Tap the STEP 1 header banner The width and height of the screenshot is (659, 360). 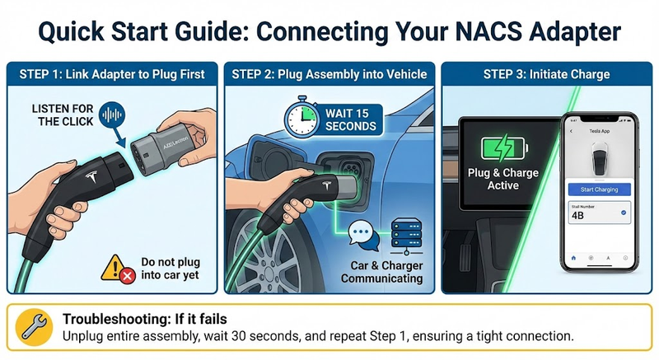111,74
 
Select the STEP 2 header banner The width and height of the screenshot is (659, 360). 329,74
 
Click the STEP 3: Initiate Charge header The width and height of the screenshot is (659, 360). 546,74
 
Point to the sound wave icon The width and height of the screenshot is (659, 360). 110,115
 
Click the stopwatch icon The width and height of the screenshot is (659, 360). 304,116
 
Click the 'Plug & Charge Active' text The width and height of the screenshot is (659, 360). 502,179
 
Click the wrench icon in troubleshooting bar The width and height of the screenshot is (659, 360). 34,327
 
